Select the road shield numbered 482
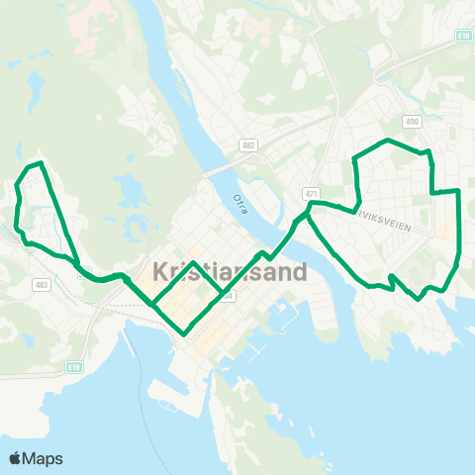[247, 145]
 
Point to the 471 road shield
[312, 193]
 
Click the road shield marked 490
[413, 122]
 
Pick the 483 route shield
[41, 285]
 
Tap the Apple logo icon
[15, 458]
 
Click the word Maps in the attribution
[43, 458]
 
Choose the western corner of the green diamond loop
[151, 300]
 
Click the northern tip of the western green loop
[38, 162]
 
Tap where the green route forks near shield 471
[309, 211]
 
